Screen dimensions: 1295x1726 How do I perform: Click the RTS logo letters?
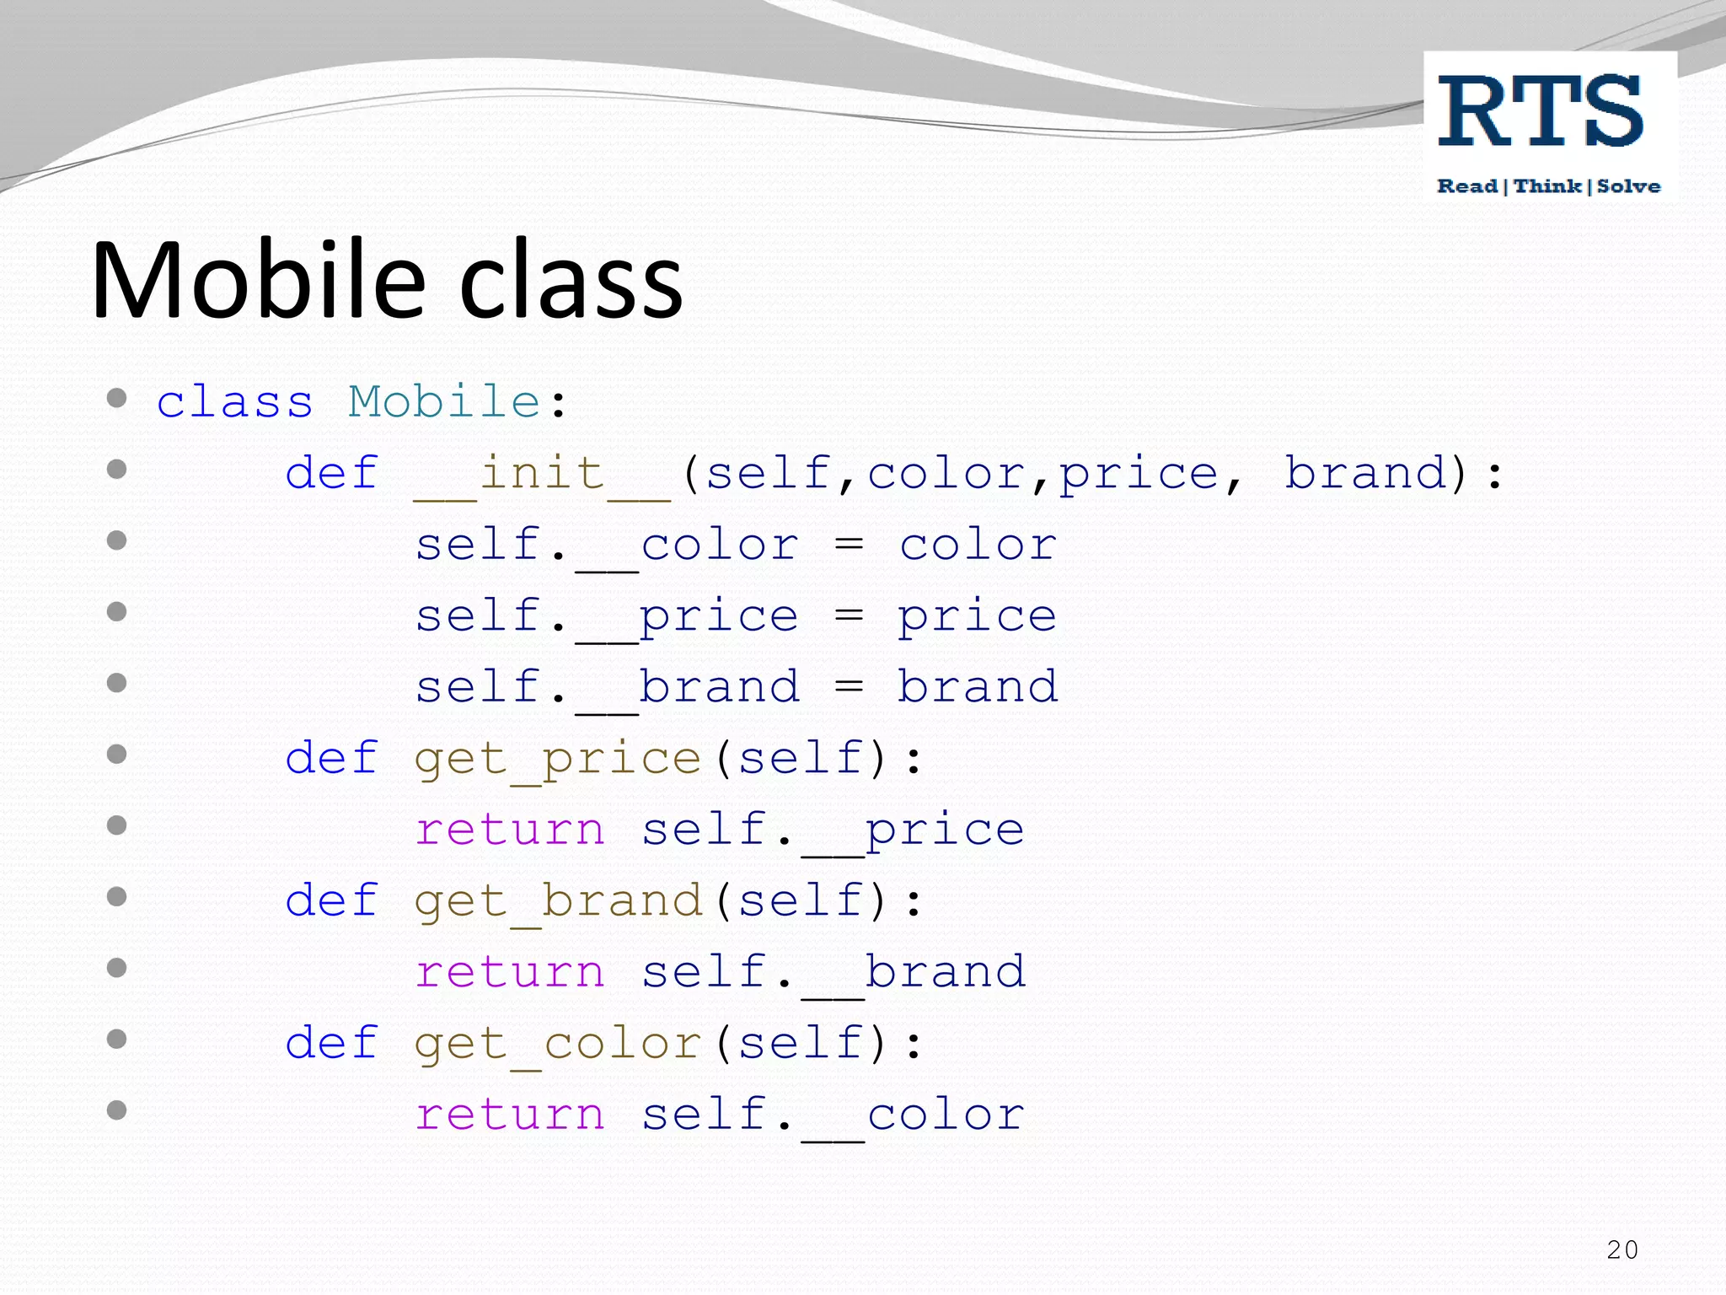tap(1541, 111)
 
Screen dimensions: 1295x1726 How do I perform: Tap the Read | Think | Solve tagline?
tap(1549, 186)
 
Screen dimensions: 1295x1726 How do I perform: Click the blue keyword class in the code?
tap(235, 401)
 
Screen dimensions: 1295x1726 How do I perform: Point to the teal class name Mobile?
tap(444, 401)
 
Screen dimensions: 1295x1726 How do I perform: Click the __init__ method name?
tap(542, 474)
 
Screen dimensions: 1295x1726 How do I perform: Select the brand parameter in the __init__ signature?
tap(1365, 473)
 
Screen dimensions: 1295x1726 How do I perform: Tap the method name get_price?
tap(558, 759)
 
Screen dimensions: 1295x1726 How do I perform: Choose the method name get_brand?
tap(558, 901)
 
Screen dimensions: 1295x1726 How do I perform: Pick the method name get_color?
tap(558, 1044)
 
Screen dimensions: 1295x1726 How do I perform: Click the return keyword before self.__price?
tap(510, 830)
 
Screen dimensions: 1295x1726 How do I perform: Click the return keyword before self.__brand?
tap(510, 973)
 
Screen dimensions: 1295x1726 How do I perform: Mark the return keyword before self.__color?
tap(510, 1115)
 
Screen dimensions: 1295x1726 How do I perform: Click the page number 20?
tap(1622, 1249)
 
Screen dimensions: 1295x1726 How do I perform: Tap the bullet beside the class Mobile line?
tap(117, 398)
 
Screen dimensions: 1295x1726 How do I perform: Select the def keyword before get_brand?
tap(331, 900)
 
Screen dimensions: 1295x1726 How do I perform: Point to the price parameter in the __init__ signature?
tap(1139, 475)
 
